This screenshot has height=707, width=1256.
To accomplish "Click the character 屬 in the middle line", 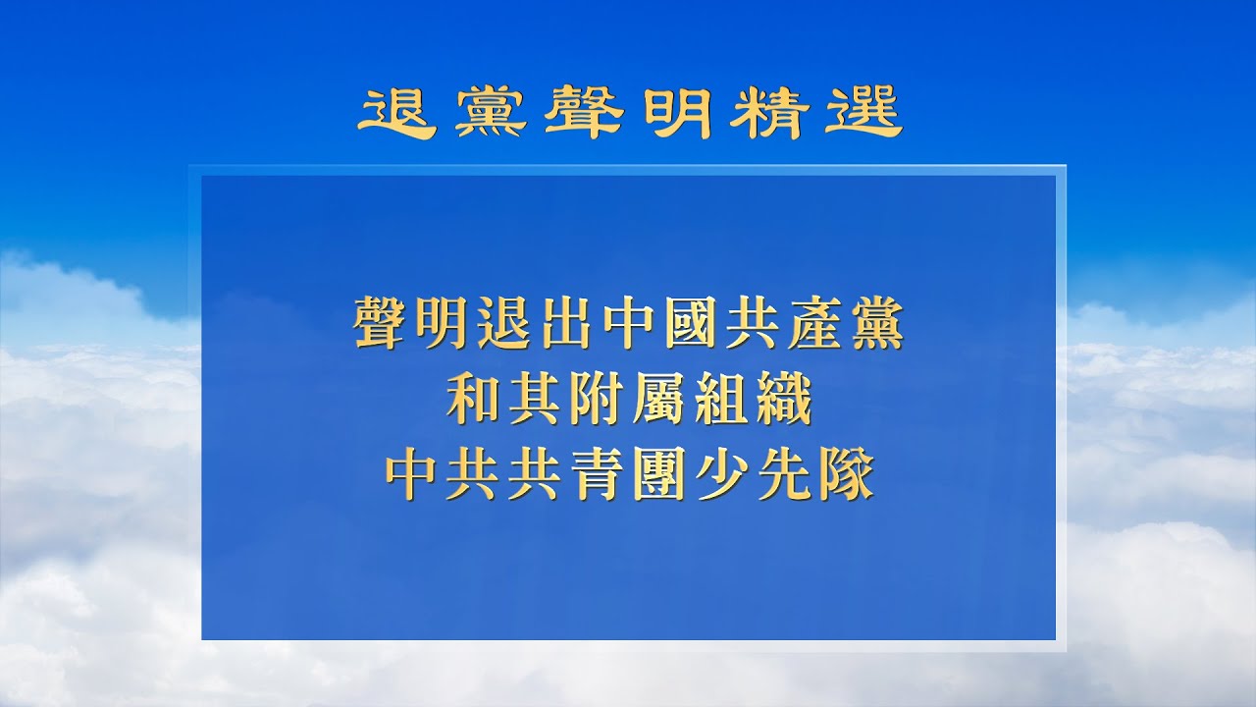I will click(x=658, y=403).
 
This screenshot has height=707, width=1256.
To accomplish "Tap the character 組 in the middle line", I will click(x=720, y=403).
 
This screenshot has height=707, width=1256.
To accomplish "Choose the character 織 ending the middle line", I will click(x=782, y=403).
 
